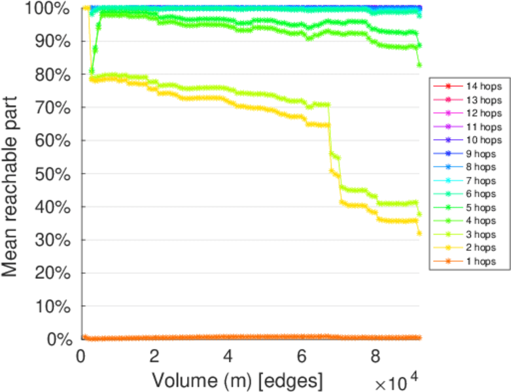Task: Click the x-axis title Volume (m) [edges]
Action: click(237, 380)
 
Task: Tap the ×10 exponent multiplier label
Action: click(395, 380)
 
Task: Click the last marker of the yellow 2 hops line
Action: click(419, 233)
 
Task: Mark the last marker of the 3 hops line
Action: click(419, 214)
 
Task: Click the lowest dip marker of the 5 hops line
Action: click(92, 71)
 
